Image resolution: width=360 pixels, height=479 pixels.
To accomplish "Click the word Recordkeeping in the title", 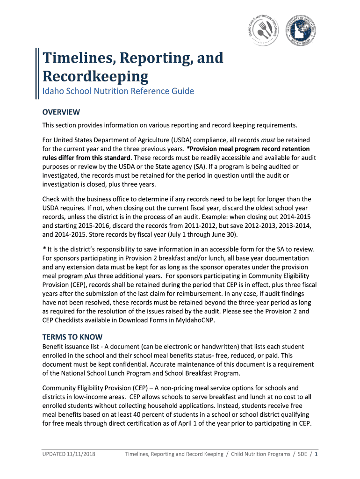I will tap(95, 76).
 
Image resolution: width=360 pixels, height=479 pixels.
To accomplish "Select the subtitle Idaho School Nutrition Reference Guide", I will tap(118, 91).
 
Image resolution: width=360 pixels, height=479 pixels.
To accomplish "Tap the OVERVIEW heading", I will tap(61, 112).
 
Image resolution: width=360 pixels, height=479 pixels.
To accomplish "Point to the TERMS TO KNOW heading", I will tap(72, 337).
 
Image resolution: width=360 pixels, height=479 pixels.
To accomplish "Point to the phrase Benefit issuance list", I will tap(71, 347).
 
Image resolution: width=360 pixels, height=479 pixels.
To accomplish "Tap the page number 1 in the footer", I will tap(317, 454).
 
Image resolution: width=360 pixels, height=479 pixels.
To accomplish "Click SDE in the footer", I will tap(302, 454).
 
